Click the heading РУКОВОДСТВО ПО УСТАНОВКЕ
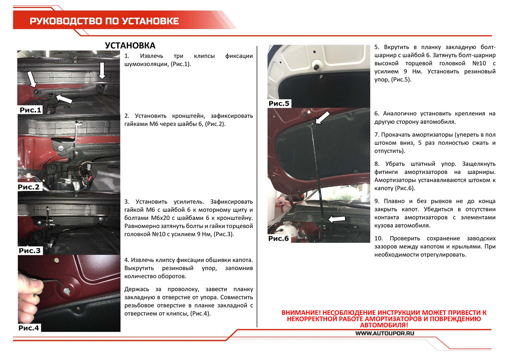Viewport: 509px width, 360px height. click(104, 21)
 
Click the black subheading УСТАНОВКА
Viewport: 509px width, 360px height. click(130, 45)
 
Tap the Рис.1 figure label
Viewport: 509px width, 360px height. click(31, 110)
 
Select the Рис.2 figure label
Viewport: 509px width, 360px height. click(29, 187)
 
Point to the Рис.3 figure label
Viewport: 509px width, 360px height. click(30, 250)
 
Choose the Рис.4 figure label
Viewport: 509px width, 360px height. click(29, 328)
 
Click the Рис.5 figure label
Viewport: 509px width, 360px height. click(279, 104)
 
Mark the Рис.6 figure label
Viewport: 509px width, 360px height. click(279, 238)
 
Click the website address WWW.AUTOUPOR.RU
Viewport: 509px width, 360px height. click(385, 333)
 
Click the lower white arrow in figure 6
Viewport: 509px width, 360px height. click(337, 219)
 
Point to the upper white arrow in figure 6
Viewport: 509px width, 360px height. click(322, 118)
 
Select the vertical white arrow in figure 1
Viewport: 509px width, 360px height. click(102, 71)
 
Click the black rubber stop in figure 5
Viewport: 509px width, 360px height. click(316, 67)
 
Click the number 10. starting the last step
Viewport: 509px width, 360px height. click(378, 238)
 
